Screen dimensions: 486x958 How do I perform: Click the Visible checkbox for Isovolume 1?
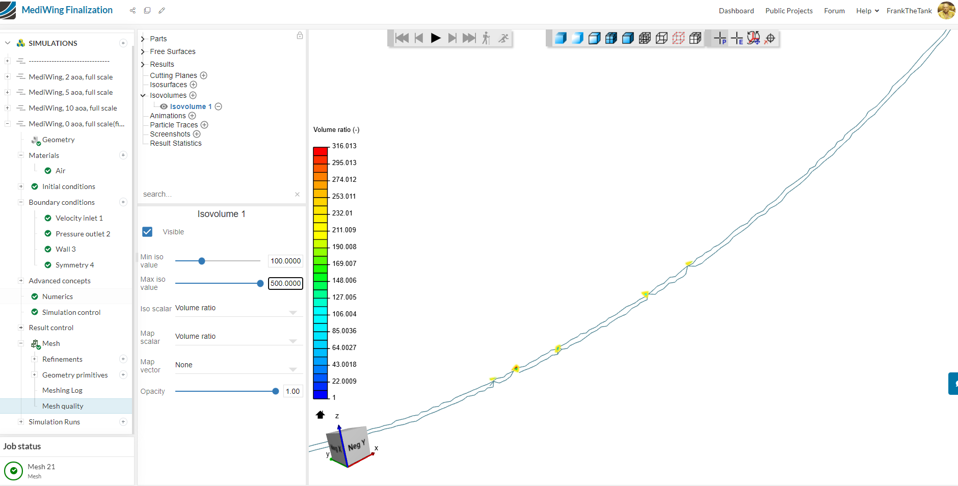point(147,232)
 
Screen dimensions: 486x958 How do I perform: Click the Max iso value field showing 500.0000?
point(285,283)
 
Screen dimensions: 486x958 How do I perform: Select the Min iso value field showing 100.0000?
point(285,261)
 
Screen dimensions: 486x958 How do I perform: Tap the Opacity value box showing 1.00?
point(292,391)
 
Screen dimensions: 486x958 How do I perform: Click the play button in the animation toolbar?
point(436,38)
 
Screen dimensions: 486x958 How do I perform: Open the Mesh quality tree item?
point(63,406)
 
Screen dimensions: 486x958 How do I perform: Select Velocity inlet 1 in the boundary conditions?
point(79,218)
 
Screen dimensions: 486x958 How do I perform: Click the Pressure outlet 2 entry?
point(83,234)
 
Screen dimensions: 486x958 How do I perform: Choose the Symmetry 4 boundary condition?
point(74,265)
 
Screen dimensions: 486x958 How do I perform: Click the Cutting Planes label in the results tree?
point(173,75)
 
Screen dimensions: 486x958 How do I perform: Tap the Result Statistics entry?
point(176,143)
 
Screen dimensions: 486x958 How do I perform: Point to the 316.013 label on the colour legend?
point(344,146)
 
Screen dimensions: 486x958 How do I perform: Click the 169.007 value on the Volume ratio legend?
point(344,263)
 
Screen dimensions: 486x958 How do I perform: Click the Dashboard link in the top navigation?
point(736,11)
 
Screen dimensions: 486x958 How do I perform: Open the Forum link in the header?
point(834,11)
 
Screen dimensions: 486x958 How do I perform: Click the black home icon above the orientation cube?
point(320,415)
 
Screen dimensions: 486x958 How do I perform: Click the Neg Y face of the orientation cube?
point(356,445)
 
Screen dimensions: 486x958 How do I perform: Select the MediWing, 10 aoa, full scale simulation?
point(73,108)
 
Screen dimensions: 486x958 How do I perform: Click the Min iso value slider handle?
point(202,261)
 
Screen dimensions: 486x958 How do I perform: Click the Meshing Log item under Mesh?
point(62,390)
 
